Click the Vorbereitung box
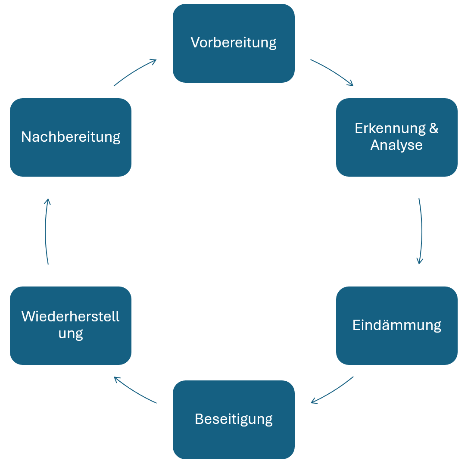point(234,43)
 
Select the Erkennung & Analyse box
point(396,137)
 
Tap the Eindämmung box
point(396,325)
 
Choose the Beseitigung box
point(234,419)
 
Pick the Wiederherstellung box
point(70,325)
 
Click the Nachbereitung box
point(70,137)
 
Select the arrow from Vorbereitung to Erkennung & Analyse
point(332,71)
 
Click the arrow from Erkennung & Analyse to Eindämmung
point(421,231)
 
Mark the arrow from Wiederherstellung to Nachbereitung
point(46,231)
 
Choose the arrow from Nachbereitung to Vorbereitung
point(134,71)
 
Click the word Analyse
point(396,145)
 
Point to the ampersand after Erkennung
point(434,128)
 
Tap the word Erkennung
point(389,128)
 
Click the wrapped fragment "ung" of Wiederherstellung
point(70,334)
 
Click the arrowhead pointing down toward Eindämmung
point(419,261)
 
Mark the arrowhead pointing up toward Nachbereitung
point(48,201)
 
